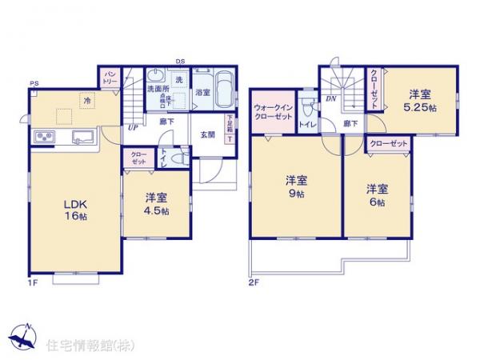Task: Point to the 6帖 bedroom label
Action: (376, 196)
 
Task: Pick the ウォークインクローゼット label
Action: (273, 112)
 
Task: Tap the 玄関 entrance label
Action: (207, 134)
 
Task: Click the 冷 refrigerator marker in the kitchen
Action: (86, 98)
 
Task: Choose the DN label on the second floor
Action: (330, 99)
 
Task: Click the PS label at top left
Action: (34, 84)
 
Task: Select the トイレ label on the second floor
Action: (306, 125)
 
